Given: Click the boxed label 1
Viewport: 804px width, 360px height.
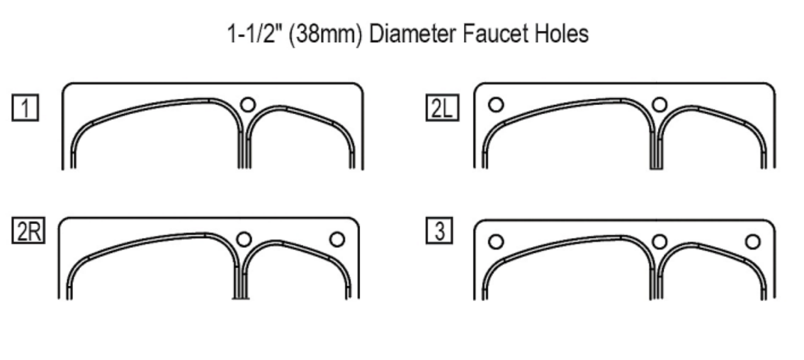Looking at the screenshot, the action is pos(25,108).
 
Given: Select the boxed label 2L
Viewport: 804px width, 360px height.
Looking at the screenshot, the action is pos(442,108).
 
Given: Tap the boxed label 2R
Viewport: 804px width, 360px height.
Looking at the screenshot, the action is pos(28,230).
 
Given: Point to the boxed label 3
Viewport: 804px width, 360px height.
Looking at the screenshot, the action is pos(439,230).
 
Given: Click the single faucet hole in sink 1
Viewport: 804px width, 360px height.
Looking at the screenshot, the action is pos(248,104).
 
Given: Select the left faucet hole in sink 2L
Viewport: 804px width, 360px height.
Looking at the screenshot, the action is pos(496,104).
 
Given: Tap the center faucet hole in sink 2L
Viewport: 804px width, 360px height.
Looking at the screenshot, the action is pos(659,104).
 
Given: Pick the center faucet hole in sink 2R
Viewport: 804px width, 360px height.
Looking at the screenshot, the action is pos(244,239).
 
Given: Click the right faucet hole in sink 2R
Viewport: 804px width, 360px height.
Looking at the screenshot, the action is pos(337,239).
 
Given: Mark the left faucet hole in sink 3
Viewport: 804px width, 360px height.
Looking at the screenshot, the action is pos(496,242).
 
